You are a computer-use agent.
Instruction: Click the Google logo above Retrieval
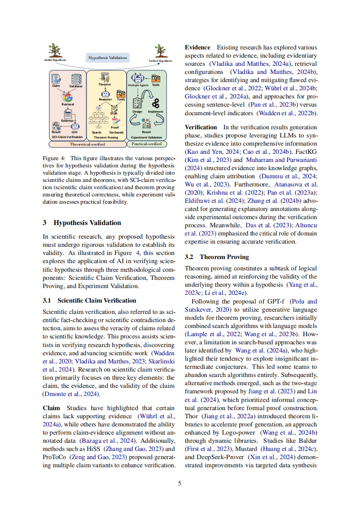click(68, 97)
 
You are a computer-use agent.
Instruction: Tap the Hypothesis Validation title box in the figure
click(108, 58)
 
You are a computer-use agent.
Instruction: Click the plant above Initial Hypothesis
click(55, 50)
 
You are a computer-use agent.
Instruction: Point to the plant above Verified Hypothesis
click(160, 50)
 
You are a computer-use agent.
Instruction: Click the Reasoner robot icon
click(105, 92)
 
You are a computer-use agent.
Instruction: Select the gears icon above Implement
click(156, 103)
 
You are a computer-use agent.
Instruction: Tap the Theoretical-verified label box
click(87, 144)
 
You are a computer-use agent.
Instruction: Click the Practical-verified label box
click(146, 144)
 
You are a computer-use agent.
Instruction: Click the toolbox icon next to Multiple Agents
click(156, 78)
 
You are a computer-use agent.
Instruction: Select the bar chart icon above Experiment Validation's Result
click(146, 123)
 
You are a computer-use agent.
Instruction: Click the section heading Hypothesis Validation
click(87, 223)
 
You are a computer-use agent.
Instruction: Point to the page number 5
click(180, 483)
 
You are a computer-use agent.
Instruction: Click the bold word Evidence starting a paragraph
click(197, 47)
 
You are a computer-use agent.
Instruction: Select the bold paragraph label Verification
click(201, 127)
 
